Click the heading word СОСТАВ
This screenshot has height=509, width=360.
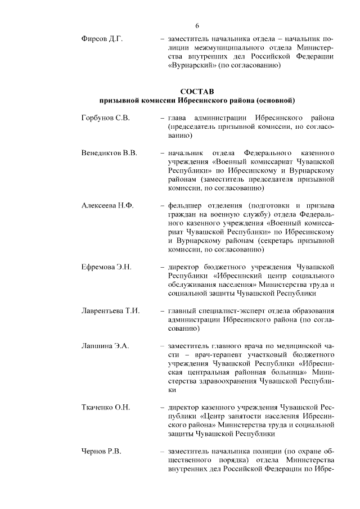197,91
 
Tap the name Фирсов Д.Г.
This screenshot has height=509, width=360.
102,39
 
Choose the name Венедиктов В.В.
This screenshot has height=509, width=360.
109,153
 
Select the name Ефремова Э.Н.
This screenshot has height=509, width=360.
106,266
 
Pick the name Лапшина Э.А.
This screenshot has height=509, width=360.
105,345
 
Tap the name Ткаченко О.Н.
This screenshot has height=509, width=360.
106,407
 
